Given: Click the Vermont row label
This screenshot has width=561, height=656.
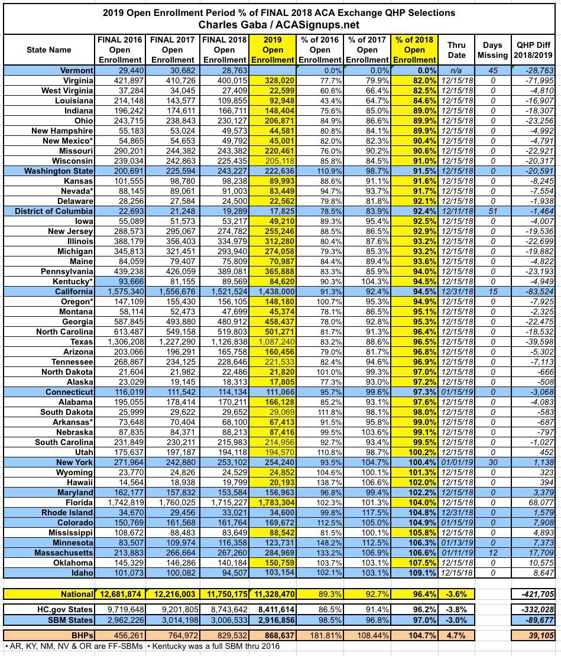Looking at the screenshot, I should [76, 70].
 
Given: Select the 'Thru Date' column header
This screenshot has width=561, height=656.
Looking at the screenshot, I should [456, 50].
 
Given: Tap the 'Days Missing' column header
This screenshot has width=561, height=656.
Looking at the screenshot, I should [492, 50].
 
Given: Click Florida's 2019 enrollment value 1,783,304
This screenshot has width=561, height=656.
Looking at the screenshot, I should [273, 503].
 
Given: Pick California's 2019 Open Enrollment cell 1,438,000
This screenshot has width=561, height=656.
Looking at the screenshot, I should [273, 291].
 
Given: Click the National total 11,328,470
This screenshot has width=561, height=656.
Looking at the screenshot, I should [273, 594].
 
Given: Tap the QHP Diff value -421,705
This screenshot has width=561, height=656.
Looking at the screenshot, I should [535, 594].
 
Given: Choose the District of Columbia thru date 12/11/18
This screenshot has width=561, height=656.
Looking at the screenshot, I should [456, 211].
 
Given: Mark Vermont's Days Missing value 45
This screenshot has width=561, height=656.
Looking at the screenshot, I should [493, 70].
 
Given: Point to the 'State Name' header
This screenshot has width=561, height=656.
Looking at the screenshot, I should [48, 50].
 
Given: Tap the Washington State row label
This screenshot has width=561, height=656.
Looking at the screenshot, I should [59, 171].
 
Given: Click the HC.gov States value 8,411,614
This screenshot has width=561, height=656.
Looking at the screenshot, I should [273, 609].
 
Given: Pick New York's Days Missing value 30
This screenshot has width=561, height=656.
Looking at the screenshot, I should [493, 462].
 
